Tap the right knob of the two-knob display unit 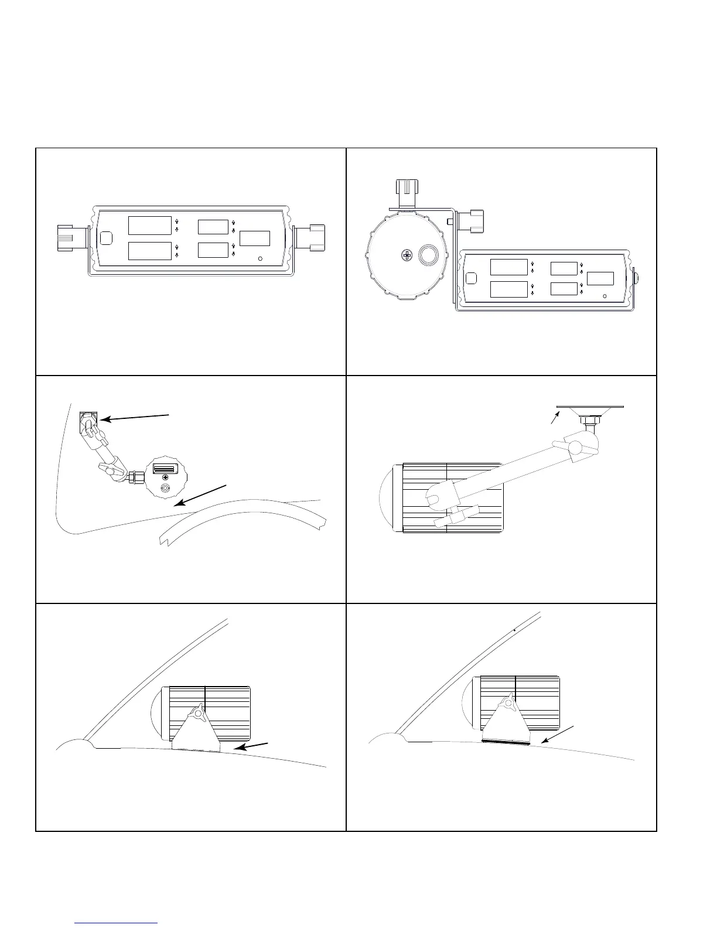click(310, 237)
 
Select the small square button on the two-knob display click(106, 238)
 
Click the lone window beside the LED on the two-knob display click(255, 238)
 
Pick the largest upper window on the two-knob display click(150, 226)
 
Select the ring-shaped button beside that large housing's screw click(428, 255)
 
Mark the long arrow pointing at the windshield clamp click(134, 417)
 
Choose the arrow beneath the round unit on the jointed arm click(200, 495)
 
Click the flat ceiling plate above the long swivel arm click(590, 406)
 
